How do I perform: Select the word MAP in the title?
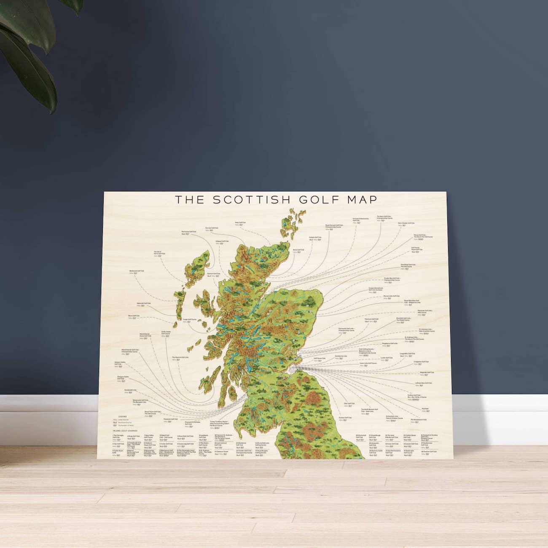[x=361, y=199]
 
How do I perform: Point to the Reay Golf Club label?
[x=239, y=222]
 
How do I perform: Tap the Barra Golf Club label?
[x=134, y=315]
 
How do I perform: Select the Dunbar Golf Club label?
[x=345, y=418]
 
